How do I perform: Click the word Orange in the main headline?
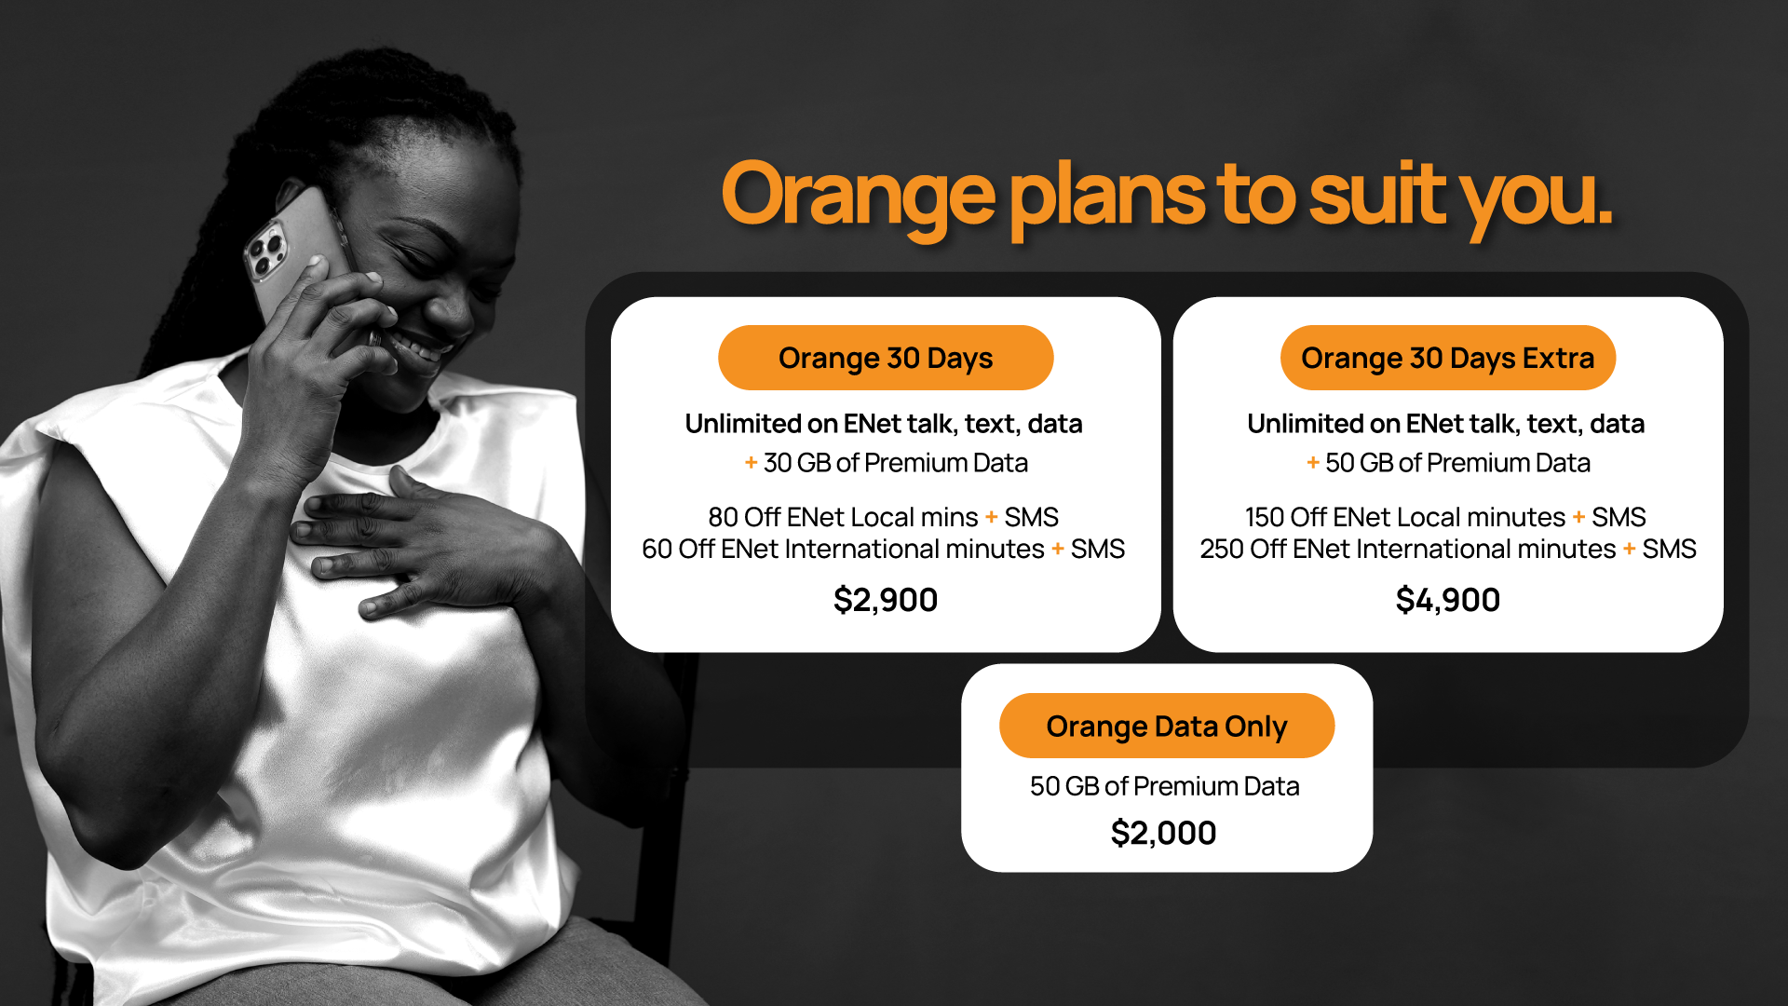858,197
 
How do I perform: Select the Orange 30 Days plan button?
886,358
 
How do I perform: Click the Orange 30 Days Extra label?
1448,358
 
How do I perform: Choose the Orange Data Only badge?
1167,726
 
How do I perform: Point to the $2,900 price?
886,600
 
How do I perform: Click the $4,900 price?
1448,600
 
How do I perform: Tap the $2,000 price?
1163,833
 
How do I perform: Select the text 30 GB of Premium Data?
896,463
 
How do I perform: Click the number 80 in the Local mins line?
723,517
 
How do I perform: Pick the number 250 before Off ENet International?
1221,549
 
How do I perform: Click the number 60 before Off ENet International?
657,549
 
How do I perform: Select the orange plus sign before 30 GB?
751,462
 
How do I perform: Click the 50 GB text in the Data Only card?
1064,786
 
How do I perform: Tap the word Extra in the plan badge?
1559,358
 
